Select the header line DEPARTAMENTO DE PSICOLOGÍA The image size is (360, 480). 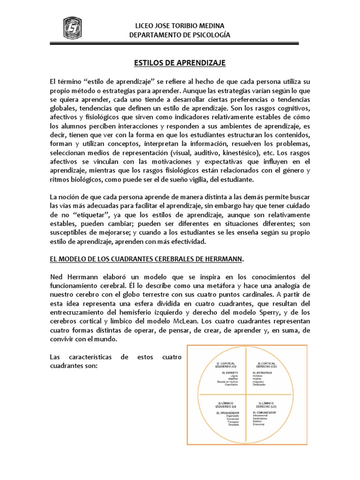[180, 35]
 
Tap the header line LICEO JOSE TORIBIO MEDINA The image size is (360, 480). [180, 25]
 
